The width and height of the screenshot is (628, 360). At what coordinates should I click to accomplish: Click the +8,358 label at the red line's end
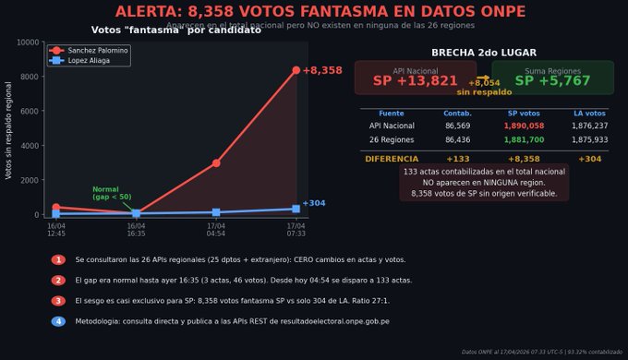tap(322, 70)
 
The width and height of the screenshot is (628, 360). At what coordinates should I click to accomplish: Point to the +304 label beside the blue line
tap(314, 203)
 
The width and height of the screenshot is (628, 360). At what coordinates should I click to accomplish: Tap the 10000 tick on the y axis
tap(28, 42)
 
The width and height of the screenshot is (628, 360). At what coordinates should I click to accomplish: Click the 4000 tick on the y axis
tap(30, 146)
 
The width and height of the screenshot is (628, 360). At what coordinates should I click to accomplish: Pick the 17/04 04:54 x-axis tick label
tap(216, 229)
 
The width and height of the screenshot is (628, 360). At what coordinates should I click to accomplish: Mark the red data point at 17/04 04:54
tap(216, 163)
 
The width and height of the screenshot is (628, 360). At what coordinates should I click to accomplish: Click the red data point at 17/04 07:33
tap(296, 70)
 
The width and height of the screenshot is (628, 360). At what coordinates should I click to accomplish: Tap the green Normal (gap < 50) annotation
tap(111, 193)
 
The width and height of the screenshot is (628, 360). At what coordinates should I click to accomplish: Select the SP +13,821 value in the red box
tap(416, 81)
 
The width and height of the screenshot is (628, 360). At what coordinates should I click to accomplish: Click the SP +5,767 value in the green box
tap(552, 81)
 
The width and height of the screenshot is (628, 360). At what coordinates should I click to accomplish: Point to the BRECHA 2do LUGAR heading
tap(484, 53)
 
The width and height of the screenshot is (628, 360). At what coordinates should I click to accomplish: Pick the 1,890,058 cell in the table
tap(524, 126)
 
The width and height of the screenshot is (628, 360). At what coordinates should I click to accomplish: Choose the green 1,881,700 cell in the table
tap(524, 140)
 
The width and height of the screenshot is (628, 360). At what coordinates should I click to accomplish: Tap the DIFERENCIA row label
tap(392, 159)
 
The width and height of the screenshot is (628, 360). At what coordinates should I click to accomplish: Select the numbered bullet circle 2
tap(58, 281)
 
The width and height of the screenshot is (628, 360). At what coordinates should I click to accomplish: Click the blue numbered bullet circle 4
tap(58, 321)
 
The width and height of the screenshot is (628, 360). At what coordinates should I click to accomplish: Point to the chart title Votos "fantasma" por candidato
tap(176, 30)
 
